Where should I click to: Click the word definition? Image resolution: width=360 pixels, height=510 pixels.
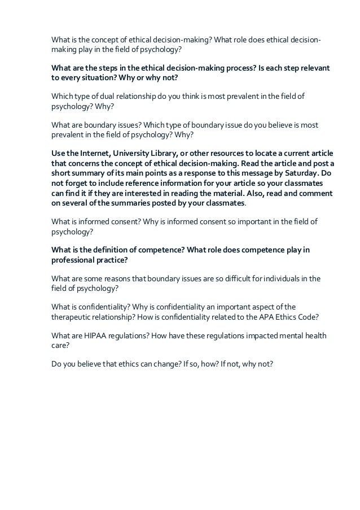[108, 250]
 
